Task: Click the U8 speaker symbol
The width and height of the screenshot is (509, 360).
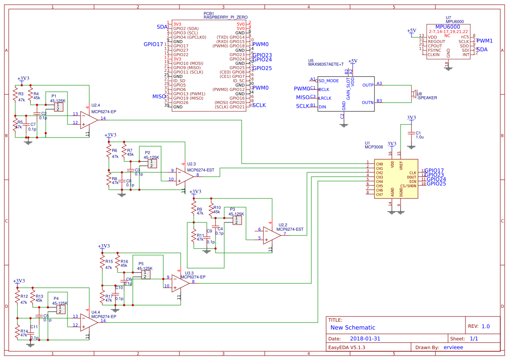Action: [413, 94]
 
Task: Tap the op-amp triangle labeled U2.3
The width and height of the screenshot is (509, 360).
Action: [185, 175]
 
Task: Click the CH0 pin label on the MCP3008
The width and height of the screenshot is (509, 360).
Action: [379, 164]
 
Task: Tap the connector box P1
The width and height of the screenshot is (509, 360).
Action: [57, 107]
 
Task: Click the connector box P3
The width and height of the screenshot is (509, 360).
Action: [236, 220]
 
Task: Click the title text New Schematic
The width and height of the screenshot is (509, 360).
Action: [353, 327]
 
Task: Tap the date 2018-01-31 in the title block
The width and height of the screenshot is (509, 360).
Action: [365, 338]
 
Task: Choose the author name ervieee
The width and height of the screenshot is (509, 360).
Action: [453, 347]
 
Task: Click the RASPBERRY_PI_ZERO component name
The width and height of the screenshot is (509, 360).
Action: [226, 17]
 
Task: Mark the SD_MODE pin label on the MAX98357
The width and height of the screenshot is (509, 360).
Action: [329, 81]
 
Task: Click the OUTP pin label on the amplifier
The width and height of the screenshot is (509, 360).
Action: [368, 85]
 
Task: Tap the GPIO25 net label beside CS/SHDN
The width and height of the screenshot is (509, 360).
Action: [436, 184]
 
